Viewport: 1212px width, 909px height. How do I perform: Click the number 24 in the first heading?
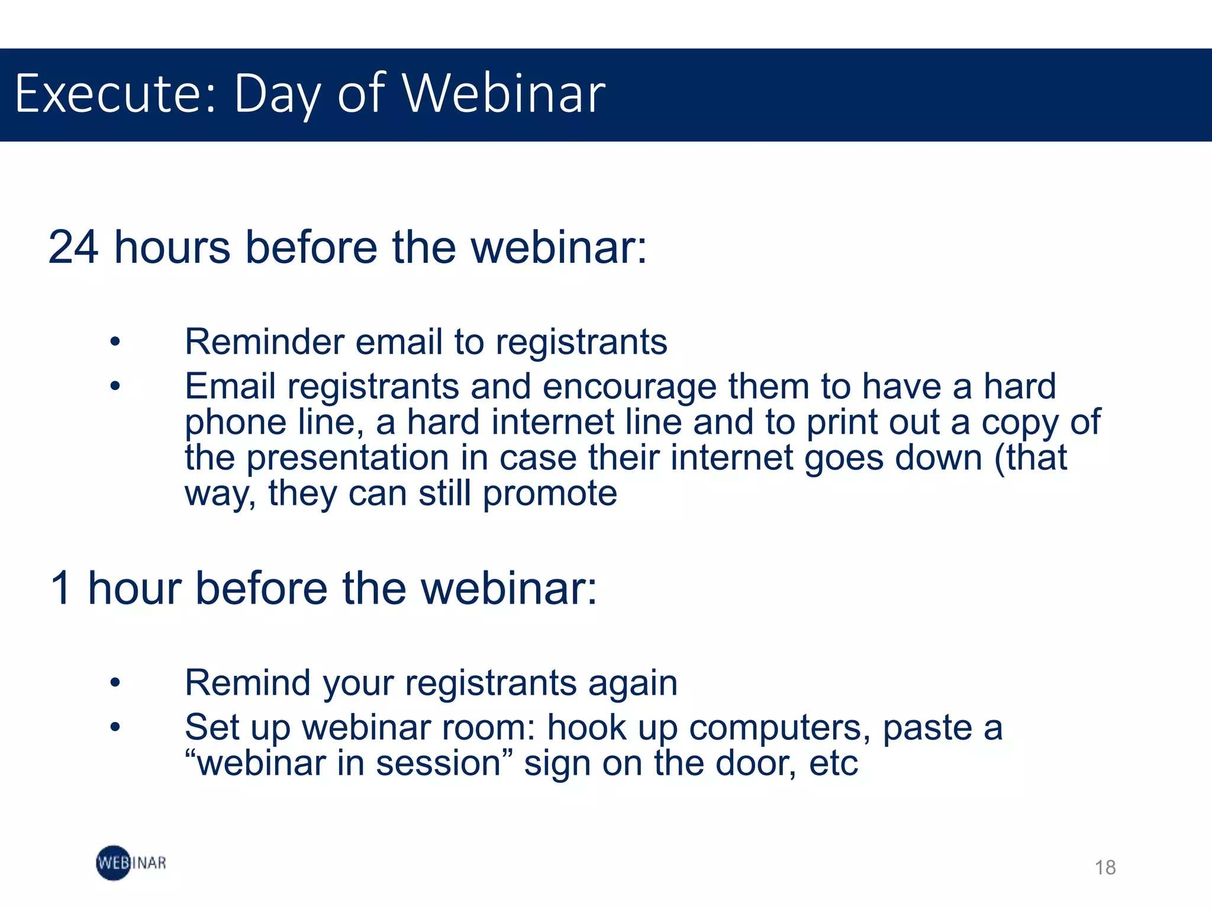[x=73, y=247]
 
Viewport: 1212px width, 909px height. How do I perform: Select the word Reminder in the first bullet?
[x=264, y=342]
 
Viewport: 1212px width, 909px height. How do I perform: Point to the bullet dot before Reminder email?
[x=115, y=342]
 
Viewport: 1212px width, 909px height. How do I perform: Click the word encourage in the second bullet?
[x=629, y=388]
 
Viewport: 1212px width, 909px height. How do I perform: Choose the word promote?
[x=550, y=494]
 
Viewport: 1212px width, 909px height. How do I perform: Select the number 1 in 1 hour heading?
[x=62, y=589]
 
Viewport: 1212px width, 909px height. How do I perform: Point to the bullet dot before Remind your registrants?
[x=115, y=683]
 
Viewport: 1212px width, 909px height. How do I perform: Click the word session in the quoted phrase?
[x=439, y=763]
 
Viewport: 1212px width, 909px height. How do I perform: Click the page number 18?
[x=1105, y=868]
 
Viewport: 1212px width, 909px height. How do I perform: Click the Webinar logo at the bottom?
[x=131, y=863]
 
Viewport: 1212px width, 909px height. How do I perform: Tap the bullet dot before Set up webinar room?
[x=115, y=727]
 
